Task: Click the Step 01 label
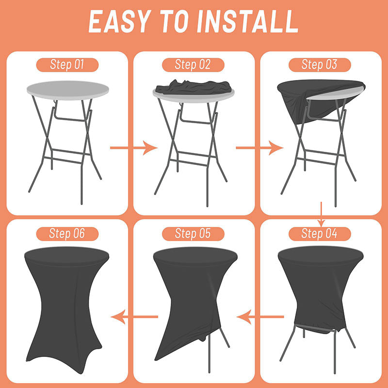[67, 65]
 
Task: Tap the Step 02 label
[193, 65]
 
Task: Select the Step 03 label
[320, 65]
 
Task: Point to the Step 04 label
[320, 234]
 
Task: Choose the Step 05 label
[193, 234]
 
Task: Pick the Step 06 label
[67, 234]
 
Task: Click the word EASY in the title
[120, 21]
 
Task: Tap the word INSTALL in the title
[247, 21]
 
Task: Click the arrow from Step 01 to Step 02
[134, 148]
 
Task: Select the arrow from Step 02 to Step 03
[259, 148]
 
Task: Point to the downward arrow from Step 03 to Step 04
[321, 214]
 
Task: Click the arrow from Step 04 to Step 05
[260, 317]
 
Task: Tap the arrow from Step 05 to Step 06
[134, 317]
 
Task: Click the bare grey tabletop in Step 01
[68, 90]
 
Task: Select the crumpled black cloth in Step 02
[194, 87]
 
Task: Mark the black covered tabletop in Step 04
[321, 256]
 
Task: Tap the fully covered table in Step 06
[67, 309]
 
